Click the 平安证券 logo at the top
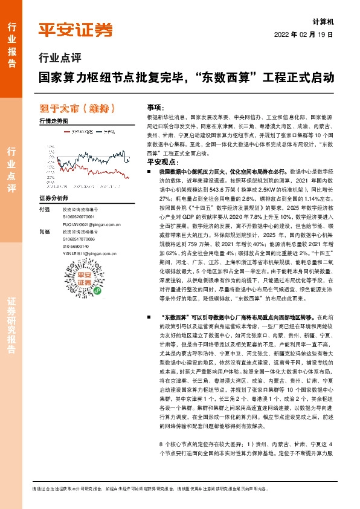(76, 30)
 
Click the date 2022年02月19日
(308, 34)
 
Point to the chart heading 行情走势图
(53, 121)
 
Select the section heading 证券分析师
(54, 198)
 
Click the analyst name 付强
(44, 210)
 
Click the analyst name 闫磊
(44, 232)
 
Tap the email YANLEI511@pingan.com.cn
(89, 254)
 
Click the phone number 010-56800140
(80, 247)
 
